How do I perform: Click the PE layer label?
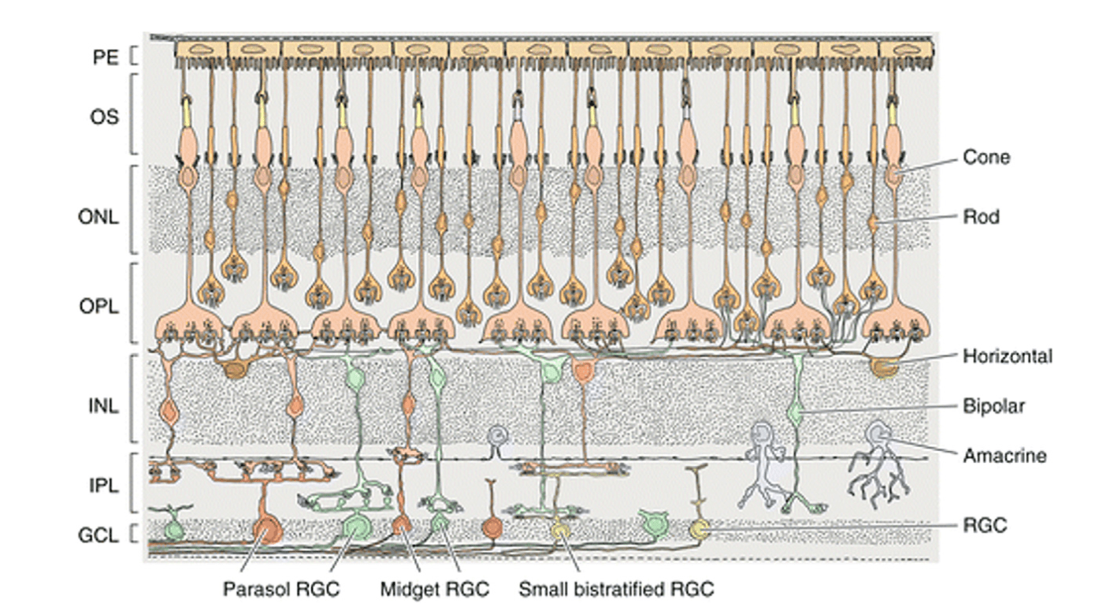[101, 57]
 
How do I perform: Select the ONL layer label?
[98, 218]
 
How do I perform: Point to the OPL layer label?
[99, 307]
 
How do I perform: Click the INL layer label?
[102, 408]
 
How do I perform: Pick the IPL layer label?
[101, 486]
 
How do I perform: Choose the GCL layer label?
[98, 535]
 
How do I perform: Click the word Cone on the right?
[986, 158]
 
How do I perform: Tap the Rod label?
[981, 215]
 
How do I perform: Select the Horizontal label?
[1007, 356]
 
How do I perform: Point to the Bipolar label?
[993, 407]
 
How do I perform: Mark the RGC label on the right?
[985, 525]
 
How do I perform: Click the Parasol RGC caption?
[281, 590]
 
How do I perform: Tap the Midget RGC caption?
[434, 590]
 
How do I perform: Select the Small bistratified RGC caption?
[616, 590]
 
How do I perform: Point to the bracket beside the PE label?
[133, 57]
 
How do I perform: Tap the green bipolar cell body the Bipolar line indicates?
[797, 411]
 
